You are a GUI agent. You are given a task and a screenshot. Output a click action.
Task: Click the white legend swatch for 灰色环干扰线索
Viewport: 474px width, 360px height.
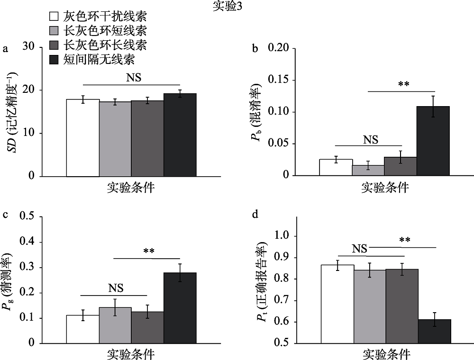[54, 17]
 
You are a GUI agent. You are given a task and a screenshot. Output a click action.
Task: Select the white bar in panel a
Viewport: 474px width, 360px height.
[82, 137]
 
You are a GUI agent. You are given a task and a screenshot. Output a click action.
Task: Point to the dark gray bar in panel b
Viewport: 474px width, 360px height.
[401, 166]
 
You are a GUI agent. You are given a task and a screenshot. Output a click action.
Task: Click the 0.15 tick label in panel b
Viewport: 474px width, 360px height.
[278, 80]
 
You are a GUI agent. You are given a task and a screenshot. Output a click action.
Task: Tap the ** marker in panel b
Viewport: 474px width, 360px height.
[403, 85]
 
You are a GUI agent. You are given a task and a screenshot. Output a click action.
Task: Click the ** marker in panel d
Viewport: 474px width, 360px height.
[404, 240]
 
